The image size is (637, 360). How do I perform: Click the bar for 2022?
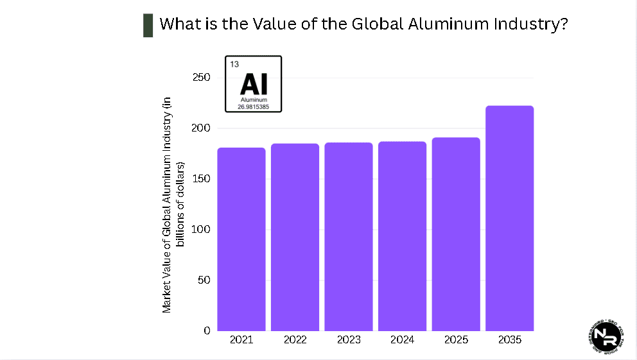295,237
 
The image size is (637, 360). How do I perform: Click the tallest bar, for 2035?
509,218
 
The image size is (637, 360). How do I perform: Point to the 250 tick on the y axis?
202,78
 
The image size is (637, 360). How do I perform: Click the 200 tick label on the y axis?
202,128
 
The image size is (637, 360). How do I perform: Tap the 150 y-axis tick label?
202,179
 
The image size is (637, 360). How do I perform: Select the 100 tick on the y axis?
202,230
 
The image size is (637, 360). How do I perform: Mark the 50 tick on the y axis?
204,280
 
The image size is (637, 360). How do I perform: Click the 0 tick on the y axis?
207,331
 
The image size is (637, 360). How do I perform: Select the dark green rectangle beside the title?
148,25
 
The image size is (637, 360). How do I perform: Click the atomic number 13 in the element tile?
234,64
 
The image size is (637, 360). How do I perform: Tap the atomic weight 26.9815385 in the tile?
253,107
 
